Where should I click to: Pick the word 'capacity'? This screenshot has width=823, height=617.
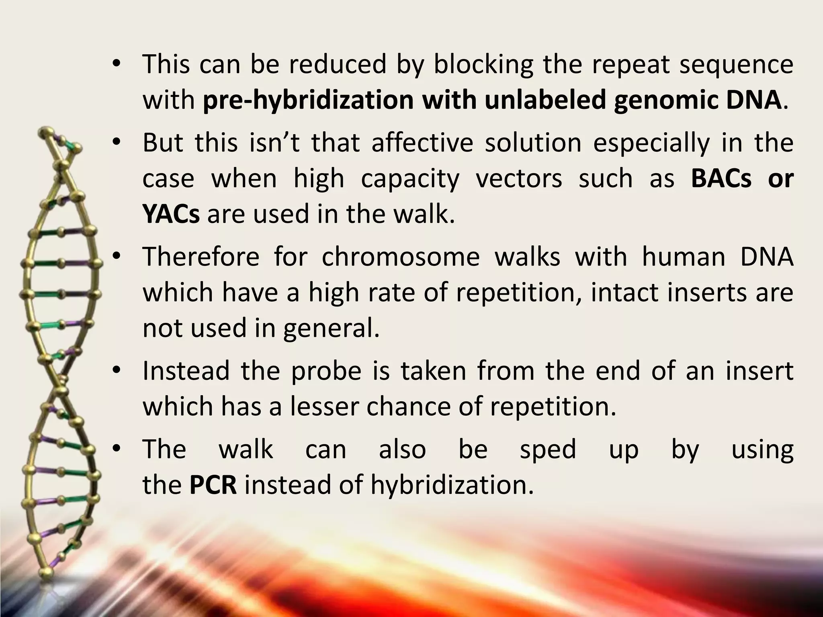pos(410,178)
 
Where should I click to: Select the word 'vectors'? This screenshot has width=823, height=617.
pos(519,178)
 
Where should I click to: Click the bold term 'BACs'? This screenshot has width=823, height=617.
pos(721,178)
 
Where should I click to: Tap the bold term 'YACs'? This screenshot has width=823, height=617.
pos(171,214)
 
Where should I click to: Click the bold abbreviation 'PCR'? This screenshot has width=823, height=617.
pos(213,484)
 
